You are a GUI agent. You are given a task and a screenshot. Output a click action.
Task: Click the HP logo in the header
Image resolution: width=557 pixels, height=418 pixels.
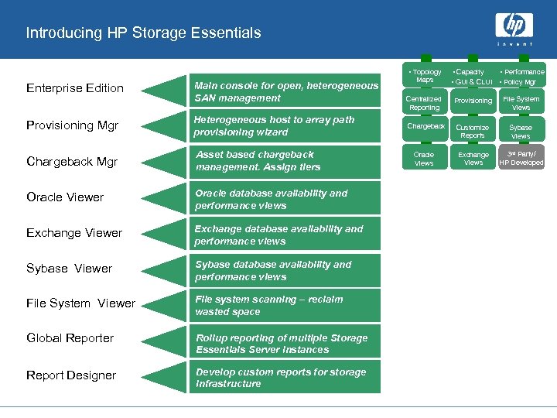tap(515, 28)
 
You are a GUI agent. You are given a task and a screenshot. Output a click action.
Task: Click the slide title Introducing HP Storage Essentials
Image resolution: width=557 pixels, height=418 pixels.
tap(143, 33)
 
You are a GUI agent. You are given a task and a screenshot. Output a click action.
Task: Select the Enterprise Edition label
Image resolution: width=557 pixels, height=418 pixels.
tap(75, 88)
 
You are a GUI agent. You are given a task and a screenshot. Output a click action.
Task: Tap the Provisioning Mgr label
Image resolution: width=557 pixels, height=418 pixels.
tap(72, 125)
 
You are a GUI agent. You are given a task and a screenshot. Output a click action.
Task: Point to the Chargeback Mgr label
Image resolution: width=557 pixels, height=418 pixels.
tap(72, 162)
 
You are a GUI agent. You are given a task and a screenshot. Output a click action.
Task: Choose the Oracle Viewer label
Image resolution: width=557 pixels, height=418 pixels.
tap(65, 197)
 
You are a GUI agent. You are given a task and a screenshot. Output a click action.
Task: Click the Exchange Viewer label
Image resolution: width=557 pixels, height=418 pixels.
tap(74, 233)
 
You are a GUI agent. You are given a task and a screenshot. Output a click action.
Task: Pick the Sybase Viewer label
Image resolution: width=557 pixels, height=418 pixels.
tap(70, 269)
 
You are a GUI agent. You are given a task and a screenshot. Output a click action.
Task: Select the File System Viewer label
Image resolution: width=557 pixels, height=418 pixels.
tap(80, 303)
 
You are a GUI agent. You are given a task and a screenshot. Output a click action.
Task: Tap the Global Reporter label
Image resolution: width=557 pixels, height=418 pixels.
tap(70, 338)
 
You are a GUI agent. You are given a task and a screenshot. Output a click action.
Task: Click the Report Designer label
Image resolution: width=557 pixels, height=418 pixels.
tap(71, 375)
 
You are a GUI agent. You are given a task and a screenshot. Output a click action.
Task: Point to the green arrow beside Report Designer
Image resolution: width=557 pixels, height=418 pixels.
tap(165, 377)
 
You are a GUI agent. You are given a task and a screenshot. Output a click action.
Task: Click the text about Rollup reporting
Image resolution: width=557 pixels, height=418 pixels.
tap(282, 344)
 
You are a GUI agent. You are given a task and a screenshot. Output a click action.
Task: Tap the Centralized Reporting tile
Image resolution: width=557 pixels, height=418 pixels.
tap(424, 103)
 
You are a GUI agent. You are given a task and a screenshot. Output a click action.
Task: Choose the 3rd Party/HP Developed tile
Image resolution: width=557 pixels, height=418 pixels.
tap(521, 158)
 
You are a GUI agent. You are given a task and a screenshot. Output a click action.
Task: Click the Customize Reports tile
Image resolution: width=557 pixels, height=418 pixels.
tap(473, 131)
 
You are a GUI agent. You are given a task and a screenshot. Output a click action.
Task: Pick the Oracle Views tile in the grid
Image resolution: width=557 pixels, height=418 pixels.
tap(424, 159)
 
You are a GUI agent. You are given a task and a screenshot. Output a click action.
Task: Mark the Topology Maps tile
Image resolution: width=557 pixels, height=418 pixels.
tap(425, 76)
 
